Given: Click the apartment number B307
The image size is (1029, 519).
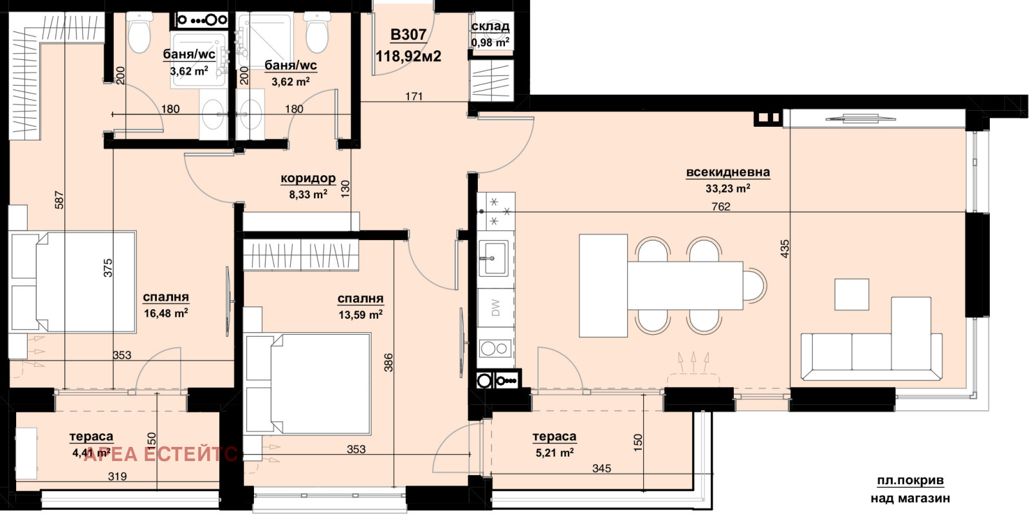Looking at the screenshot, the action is (x=408, y=35).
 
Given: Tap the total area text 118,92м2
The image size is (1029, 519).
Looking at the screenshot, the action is (x=408, y=56).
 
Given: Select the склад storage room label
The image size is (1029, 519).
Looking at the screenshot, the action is (x=490, y=26).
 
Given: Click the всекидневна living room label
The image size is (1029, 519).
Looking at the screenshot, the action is (x=727, y=172).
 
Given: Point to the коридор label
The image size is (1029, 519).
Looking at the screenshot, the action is (x=308, y=178).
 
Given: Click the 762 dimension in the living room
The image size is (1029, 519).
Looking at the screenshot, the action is (x=721, y=207).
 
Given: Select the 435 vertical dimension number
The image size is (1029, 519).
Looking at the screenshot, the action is (x=785, y=249).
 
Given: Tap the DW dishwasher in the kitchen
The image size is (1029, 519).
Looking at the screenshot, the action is (x=496, y=308).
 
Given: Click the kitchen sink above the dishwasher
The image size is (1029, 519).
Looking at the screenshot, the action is (x=493, y=258).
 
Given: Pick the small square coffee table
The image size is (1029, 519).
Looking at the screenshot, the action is (x=851, y=294).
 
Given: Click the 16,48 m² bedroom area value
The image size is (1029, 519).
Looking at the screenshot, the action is (x=166, y=314).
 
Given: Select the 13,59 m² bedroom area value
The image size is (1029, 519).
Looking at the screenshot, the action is (x=361, y=315).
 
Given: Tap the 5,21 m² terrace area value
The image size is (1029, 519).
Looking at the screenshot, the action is (x=554, y=453).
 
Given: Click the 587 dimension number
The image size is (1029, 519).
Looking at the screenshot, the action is (x=59, y=200).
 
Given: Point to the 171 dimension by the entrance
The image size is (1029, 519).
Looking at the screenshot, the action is (x=414, y=97).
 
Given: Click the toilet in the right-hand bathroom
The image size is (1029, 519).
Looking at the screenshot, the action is (x=316, y=32).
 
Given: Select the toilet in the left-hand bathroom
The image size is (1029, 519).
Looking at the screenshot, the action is (x=138, y=32).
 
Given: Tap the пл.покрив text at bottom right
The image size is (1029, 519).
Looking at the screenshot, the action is (x=910, y=481).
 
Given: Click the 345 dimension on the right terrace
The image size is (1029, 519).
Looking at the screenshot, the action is (x=601, y=468).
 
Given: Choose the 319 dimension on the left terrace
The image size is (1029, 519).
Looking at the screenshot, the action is (x=117, y=477).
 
